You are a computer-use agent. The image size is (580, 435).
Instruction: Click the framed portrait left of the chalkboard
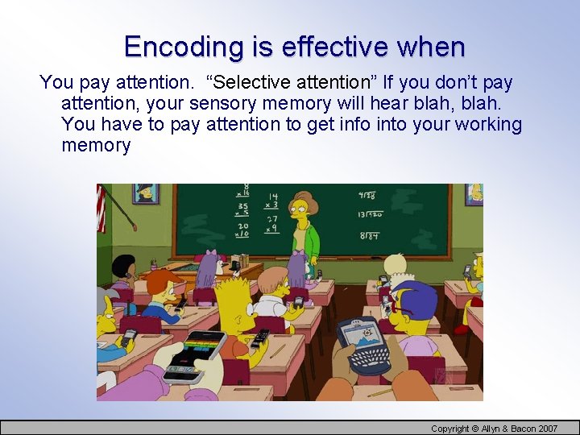click(x=146, y=193)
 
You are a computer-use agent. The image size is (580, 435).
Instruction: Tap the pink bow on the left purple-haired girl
click(x=213, y=256)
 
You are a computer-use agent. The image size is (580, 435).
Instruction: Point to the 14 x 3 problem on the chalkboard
click(x=272, y=201)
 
